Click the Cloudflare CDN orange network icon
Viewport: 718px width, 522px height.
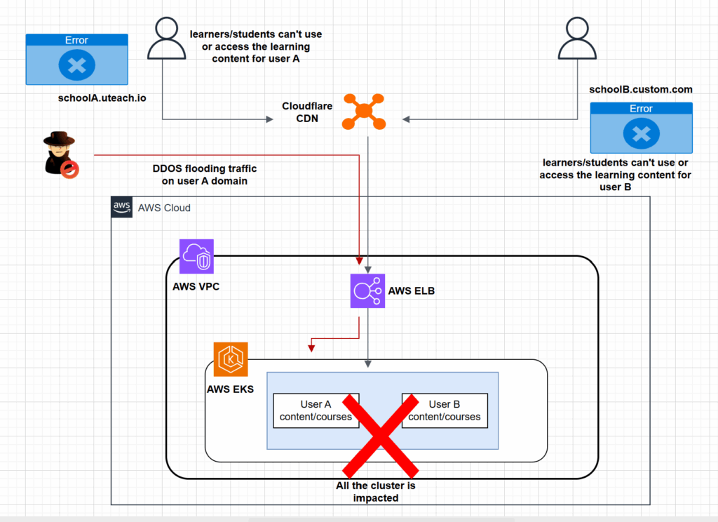pyautogui.click(x=364, y=112)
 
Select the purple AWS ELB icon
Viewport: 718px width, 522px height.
pyautogui.click(x=368, y=291)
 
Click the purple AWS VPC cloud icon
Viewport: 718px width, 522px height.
pyautogui.click(x=196, y=256)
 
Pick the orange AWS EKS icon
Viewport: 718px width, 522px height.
pyautogui.click(x=231, y=359)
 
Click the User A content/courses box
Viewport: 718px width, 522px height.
pyautogui.click(x=316, y=410)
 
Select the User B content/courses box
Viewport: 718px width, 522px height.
pyautogui.click(x=444, y=410)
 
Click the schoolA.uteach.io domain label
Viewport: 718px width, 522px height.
pyautogui.click(x=102, y=99)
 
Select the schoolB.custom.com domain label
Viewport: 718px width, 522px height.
pyautogui.click(x=642, y=89)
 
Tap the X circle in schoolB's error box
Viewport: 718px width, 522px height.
pyautogui.click(x=642, y=134)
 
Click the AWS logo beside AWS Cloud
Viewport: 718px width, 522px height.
pyautogui.click(x=122, y=207)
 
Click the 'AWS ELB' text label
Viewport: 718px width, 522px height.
pyautogui.click(x=412, y=290)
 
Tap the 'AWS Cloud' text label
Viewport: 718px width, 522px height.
pyautogui.click(x=164, y=208)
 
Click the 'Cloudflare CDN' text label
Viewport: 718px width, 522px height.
pyautogui.click(x=300, y=112)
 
